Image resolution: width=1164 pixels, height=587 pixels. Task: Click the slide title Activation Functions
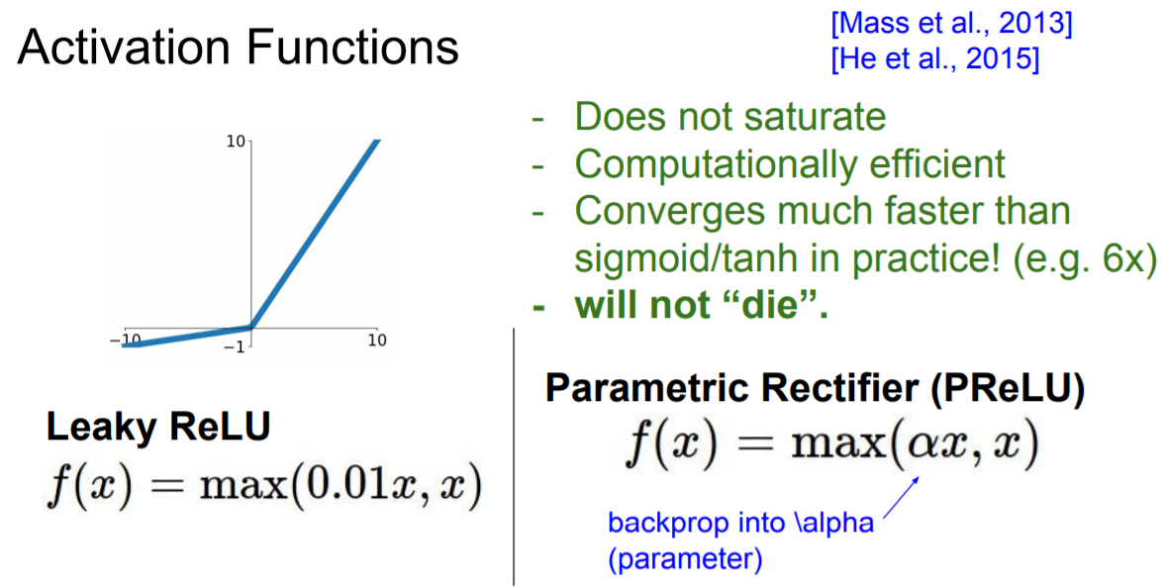point(238,48)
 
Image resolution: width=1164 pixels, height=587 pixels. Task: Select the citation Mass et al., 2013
point(949,23)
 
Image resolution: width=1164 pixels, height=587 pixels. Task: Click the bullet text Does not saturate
point(730,118)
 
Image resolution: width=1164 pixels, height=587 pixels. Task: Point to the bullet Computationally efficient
point(790,163)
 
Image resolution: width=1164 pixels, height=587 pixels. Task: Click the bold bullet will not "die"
point(701,303)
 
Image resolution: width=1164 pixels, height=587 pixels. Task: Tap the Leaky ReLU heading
point(158,428)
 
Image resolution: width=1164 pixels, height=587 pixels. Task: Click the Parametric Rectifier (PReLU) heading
point(815,390)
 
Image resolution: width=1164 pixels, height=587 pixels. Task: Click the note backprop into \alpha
point(740,522)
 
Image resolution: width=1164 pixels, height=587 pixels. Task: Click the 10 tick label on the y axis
point(236,143)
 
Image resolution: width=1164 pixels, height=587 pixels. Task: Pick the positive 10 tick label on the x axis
point(377,341)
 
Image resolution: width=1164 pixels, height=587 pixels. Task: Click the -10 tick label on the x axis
point(127,339)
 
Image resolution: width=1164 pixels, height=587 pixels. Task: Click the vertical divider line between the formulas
point(514,455)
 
